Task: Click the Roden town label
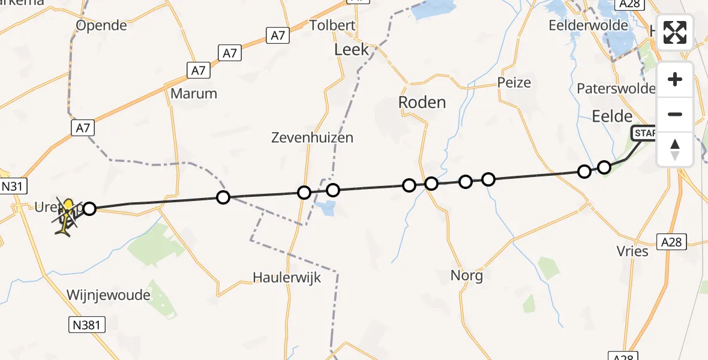pyautogui.click(x=422, y=102)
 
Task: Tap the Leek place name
pyautogui.click(x=352, y=50)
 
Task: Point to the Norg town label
pyautogui.click(x=467, y=276)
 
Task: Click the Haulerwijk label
pyautogui.click(x=287, y=278)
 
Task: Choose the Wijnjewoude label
pyautogui.click(x=109, y=295)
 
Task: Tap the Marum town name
pyautogui.click(x=194, y=94)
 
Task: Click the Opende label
pyautogui.click(x=101, y=25)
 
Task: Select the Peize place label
pyautogui.click(x=514, y=83)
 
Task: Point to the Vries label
pyautogui.click(x=632, y=251)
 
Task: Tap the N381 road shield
pyautogui.click(x=86, y=325)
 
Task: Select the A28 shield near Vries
pyautogui.click(x=671, y=242)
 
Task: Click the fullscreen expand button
pyautogui.click(x=675, y=32)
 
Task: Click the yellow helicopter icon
pyautogui.click(x=68, y=215)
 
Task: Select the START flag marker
pyautogui.click(x=645, y=133)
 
